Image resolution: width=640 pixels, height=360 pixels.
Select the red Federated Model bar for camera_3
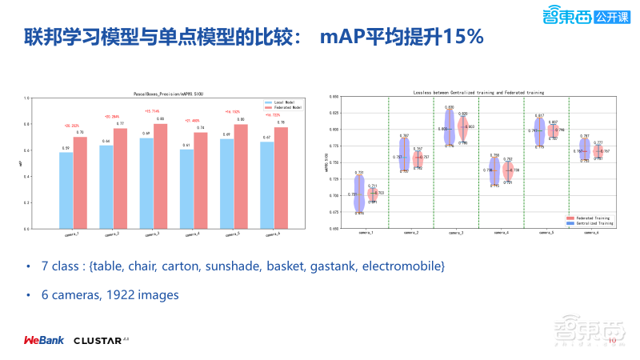161,176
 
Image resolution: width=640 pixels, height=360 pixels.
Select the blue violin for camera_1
359,194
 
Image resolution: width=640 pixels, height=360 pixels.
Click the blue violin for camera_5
540,130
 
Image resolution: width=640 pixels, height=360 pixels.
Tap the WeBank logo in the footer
43,340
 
